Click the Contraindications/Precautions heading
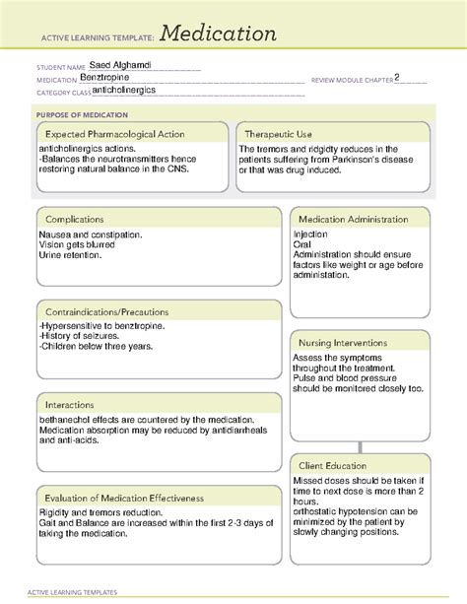[106, 311]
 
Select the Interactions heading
[70, 404]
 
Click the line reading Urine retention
[70, 255]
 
